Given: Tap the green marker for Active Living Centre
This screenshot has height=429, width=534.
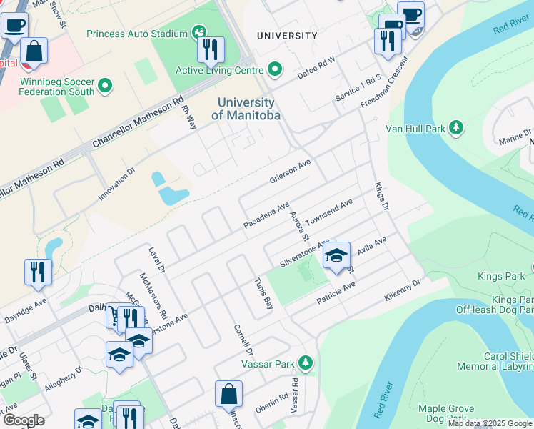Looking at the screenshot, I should click(x=275, y=69).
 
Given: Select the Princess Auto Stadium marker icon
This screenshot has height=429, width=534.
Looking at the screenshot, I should click(x=199, y=33).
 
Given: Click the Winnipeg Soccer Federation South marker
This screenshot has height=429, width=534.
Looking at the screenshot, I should click(x=106, y=87).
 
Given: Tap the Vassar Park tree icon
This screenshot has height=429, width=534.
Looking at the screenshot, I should click(x=306, y=363).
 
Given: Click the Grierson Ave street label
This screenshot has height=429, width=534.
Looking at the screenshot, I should click(x=290, y=171).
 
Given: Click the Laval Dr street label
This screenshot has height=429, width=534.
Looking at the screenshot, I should click(x=156, y=261).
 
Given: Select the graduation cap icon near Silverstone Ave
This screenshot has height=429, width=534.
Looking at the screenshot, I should click(x=336, y=256).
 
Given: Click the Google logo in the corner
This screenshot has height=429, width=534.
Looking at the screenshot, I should click(x=24, y=420).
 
